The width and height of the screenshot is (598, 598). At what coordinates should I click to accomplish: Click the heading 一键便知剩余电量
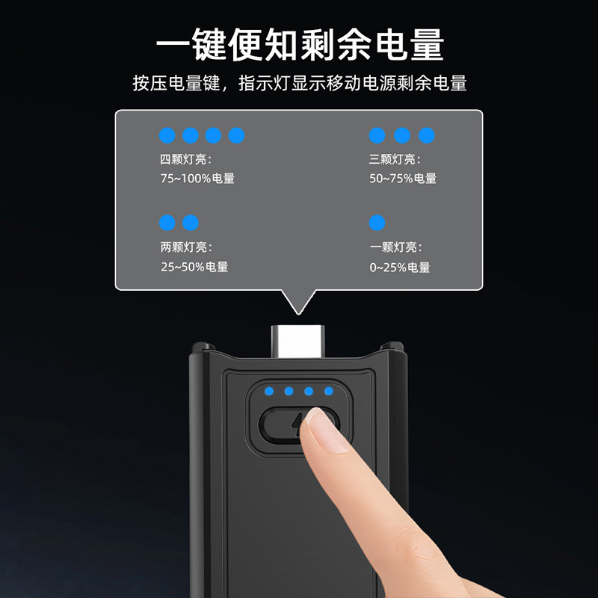300,44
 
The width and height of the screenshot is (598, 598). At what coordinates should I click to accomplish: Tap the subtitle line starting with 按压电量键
300,83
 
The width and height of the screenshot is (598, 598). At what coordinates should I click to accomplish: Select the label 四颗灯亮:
185,159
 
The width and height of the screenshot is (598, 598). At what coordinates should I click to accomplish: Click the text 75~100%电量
197,178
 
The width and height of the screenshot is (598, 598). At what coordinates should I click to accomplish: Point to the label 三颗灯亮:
395,159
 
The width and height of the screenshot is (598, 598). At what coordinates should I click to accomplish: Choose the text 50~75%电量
403,178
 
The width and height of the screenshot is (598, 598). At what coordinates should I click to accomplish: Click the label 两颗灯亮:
186,247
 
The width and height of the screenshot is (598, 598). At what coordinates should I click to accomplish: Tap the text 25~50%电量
194,267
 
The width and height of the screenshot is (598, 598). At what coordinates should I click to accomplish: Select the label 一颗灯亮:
396,247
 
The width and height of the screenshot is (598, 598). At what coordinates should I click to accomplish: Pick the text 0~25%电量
400,267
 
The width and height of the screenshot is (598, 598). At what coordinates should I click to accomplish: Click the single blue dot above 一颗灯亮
377,223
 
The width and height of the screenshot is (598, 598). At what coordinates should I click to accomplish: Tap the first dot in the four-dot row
167,135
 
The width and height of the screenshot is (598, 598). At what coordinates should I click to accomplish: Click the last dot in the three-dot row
427,135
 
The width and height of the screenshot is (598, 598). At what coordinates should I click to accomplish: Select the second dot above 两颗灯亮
191,223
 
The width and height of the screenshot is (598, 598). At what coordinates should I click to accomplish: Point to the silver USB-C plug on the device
298,342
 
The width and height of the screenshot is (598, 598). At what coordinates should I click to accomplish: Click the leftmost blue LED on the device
269,391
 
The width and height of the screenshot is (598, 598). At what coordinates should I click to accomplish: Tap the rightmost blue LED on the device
328,391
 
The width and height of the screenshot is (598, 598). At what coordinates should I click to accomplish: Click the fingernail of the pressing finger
327,429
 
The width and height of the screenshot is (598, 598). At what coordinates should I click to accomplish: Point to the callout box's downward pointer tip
298,314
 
